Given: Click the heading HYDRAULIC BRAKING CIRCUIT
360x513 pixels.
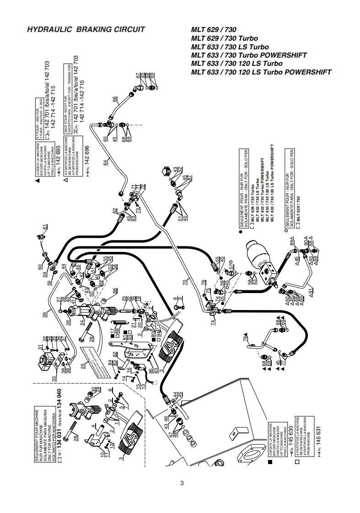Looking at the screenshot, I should click(86, 30).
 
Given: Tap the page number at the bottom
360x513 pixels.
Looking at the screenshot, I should click(182, 483).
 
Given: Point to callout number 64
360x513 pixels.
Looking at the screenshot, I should click(106, 161).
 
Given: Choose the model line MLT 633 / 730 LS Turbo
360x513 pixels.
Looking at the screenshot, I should click(230, 47).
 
